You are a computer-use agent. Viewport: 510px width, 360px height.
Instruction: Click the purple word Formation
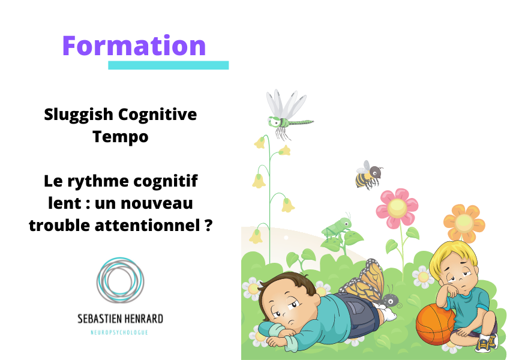coord(134,46)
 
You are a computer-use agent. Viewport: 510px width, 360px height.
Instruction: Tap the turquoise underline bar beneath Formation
coord(168,65)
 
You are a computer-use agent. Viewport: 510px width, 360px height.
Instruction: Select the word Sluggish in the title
coord(79,115)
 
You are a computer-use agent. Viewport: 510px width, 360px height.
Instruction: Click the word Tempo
coord(121,137)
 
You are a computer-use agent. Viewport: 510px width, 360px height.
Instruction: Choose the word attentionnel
coord(147,225)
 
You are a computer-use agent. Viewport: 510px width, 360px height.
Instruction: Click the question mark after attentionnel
coord(209,224)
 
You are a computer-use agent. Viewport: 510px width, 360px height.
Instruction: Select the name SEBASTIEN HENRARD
coord(120,319)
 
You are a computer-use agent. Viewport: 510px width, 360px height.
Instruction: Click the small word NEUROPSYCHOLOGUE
coord(119,332)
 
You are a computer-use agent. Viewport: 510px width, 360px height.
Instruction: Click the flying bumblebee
coord(368,175)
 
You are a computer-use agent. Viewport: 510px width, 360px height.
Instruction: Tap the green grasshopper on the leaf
coord(337,227)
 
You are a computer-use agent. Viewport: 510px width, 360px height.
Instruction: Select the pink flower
coord(397,208)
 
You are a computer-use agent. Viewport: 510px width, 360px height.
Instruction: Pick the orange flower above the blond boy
coord(464,223)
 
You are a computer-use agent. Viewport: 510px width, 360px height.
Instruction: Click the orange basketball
coord(434,324)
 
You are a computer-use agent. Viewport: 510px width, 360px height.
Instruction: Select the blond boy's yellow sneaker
coord(487,343)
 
